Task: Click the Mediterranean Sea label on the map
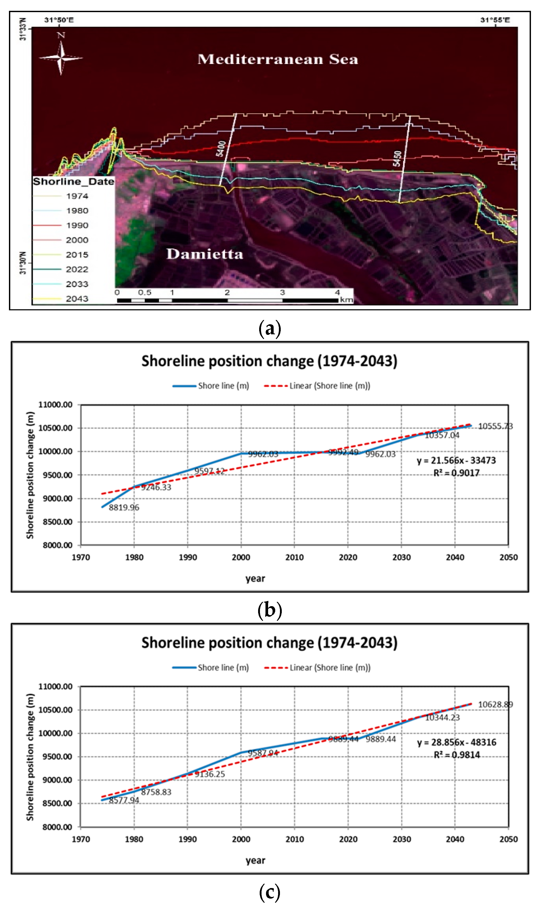tap(278, 59)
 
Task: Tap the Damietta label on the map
tap(204, 254)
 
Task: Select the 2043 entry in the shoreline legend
tap(77, 299)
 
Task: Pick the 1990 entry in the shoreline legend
tap(77, 225)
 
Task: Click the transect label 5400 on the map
tap(221, 149)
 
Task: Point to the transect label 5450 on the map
tap(398, 158)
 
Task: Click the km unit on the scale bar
tap(346, 300)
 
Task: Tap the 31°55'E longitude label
tap(495, 20)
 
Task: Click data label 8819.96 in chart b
tap(124, 507)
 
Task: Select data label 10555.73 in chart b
tap(495, 426)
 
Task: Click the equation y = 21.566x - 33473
tap(456, 460)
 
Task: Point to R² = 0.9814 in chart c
tap(457, 755)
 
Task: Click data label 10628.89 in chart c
tap(495, 704)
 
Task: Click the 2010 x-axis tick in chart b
tap(294, 557)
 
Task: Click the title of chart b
tap(269, 361)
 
